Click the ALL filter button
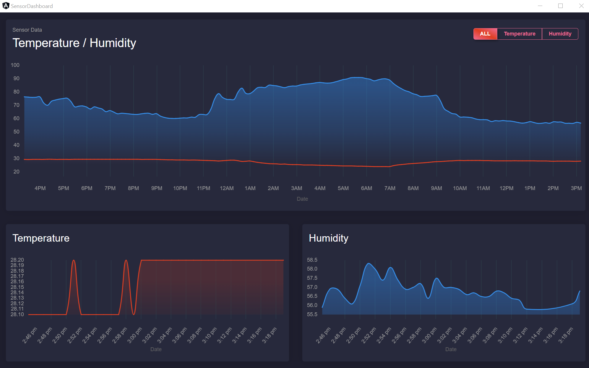click(485, 34)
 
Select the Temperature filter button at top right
click(519, 34)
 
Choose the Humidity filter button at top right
click(560, 34)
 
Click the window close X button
click(581, 6)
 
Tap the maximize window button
click(560, 6)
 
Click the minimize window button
click(540, 6)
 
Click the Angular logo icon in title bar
click(6, 6)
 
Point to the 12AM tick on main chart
click(227, 188)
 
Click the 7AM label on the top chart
click(390, 188)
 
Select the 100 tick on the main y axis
click(15, 65)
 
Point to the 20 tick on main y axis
click(16, 172)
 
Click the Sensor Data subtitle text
click(27, 30)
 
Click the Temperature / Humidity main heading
click(74, 43)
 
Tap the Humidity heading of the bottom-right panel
click(328, 238)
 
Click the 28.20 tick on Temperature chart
click(17, 260)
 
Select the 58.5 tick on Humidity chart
click(312, 260)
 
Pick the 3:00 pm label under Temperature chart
click(135, 335)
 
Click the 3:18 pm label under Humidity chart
click(566, 335)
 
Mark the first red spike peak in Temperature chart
click(74, 261)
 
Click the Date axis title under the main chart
click(302, 199)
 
